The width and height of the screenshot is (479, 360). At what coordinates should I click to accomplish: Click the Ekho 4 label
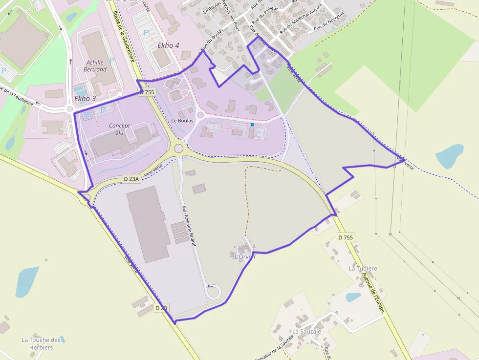168,45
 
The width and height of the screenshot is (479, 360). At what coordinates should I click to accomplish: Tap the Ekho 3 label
85,99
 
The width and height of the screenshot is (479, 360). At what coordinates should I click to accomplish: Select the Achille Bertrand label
96,66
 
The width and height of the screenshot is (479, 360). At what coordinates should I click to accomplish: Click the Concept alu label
119,129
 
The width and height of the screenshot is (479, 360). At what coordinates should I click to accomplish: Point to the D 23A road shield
131,179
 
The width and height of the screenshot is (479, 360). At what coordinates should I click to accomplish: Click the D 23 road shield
161,308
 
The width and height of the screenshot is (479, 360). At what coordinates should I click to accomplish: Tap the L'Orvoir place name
245,256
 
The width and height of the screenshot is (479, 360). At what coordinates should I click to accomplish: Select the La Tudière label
363,269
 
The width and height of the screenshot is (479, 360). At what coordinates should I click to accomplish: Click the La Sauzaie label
306,331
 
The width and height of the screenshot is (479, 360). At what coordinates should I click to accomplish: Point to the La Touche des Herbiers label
41,343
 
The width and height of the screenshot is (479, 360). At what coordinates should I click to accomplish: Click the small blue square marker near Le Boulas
252,125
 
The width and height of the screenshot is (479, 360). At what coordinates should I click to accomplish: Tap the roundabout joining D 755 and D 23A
178,148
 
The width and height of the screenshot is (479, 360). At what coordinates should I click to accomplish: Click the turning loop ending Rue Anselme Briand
214,292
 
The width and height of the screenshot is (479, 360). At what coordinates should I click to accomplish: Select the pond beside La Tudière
353,296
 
